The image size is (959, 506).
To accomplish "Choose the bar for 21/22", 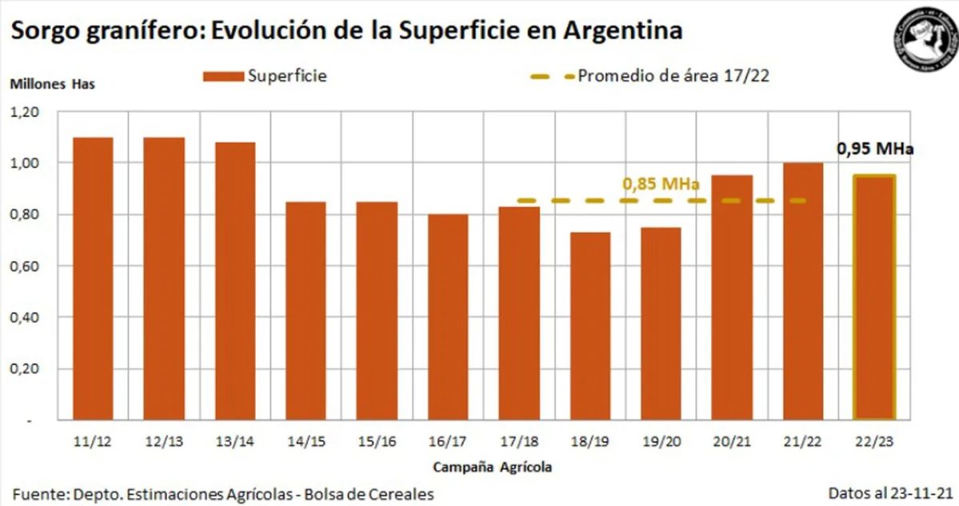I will point(802,291).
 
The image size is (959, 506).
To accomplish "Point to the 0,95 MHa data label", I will point(874,149).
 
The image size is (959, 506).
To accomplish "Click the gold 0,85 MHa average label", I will point(661,185).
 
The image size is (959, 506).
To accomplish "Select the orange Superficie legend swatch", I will point(223,77).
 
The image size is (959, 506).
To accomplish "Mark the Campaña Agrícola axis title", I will point(492,466).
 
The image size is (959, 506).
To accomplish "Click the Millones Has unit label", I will point(52,84).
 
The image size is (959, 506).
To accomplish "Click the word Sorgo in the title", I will point(44,31).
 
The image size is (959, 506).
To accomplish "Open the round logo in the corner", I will point(925,40).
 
